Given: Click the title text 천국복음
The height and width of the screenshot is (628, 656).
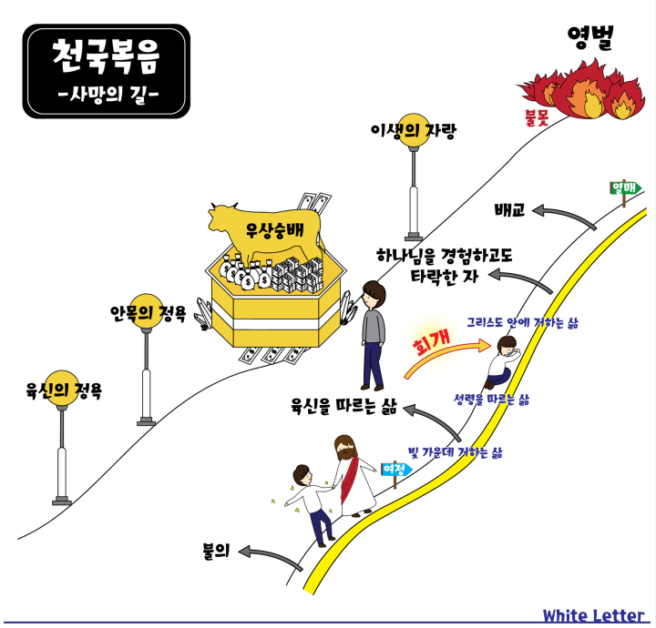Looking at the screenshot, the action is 106,56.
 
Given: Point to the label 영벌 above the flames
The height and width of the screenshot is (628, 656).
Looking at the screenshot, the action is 590,37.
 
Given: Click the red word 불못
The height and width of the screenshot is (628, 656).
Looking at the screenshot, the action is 537,117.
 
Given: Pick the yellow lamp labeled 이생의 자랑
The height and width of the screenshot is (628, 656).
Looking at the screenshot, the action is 414,129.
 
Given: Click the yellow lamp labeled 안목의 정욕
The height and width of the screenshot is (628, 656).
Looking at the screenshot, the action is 146,311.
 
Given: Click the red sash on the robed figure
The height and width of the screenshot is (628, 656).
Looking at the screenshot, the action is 349,480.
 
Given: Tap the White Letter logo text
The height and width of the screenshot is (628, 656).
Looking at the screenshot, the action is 593,615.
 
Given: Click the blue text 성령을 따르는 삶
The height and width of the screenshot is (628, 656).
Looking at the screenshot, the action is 492,400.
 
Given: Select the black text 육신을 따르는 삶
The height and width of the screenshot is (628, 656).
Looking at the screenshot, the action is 343,406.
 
